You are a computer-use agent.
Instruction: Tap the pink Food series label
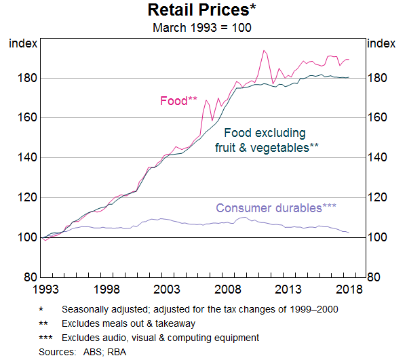coord(178,101)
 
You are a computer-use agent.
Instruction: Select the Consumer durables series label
coord(276,208)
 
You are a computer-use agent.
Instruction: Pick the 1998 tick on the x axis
coord(106,289)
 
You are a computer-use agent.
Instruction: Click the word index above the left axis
coord(20,43)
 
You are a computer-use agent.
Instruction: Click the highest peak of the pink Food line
coord(264,50)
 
